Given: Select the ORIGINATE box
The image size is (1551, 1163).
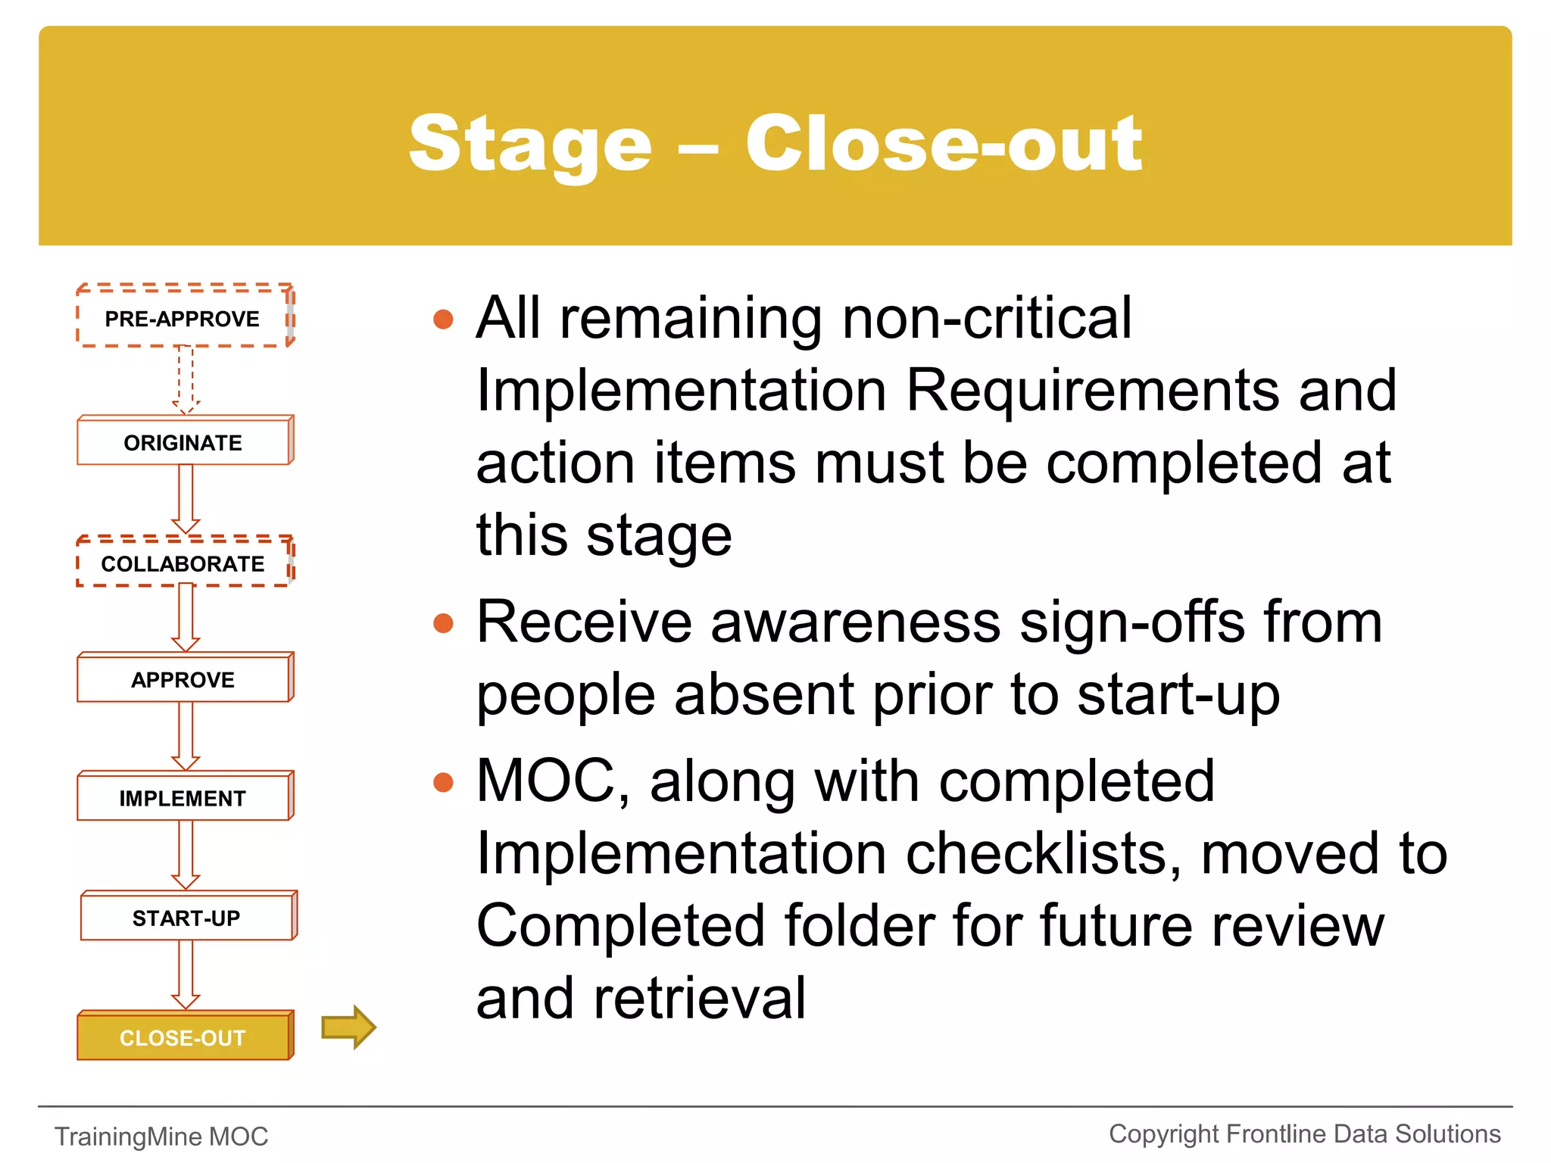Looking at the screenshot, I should tap(183, 442).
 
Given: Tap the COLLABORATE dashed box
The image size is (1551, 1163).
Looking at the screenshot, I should tap(183, 563).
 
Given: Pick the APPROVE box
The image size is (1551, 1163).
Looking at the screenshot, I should tap(183, 679).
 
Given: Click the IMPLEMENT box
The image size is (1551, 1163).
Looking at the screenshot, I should tap(183, 798).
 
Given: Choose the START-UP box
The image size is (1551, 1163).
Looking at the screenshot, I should tap(187, 918).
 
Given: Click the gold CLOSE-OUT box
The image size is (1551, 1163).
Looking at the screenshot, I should tap(183, 1037).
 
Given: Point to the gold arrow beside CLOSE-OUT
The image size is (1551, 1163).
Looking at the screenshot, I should tap(348, 1027).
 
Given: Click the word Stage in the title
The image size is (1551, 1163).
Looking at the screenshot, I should tap(530, 144).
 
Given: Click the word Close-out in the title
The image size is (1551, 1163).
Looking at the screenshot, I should tap(943, 144).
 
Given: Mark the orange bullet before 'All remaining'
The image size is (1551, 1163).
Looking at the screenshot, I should tap(443, 319).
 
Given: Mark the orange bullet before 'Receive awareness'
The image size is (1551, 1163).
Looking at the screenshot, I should tap(443, 623).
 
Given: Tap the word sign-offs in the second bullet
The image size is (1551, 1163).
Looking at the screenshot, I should tap(1132, 622).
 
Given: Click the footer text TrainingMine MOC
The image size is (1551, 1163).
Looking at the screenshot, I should tap(161, 1136).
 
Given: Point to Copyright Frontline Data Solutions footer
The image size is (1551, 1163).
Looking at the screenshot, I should tap(1304, 1134).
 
